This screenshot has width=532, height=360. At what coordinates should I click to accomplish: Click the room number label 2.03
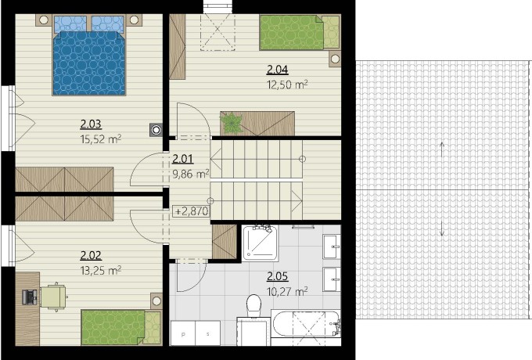91,124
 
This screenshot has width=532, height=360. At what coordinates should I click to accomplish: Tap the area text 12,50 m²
287,85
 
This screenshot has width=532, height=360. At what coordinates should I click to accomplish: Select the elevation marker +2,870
192,211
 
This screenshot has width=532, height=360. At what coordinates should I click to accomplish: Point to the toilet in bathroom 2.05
253,305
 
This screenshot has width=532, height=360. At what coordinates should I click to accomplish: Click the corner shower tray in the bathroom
260,243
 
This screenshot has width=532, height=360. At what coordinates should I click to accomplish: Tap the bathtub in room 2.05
306,324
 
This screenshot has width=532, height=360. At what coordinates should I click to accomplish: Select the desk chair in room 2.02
54,297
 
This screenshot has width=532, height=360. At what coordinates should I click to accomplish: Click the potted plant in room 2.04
232,123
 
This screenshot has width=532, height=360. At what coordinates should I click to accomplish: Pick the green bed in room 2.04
300,32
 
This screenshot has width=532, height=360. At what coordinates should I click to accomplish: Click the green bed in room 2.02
121,327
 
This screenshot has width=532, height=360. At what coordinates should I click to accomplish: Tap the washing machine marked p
183,333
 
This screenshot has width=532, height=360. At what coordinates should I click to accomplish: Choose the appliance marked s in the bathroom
207,333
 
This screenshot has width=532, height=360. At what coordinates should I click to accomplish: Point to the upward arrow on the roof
442,149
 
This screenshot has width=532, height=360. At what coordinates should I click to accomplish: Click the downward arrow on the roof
442,228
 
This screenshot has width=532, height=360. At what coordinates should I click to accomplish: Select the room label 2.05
277,276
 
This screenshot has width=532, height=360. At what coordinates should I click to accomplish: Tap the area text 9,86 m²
191,174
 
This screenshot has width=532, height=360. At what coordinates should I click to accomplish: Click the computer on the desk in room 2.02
30,297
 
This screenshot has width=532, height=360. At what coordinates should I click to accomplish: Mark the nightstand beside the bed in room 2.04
335,59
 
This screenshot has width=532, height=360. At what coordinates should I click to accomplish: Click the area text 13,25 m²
101,271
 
